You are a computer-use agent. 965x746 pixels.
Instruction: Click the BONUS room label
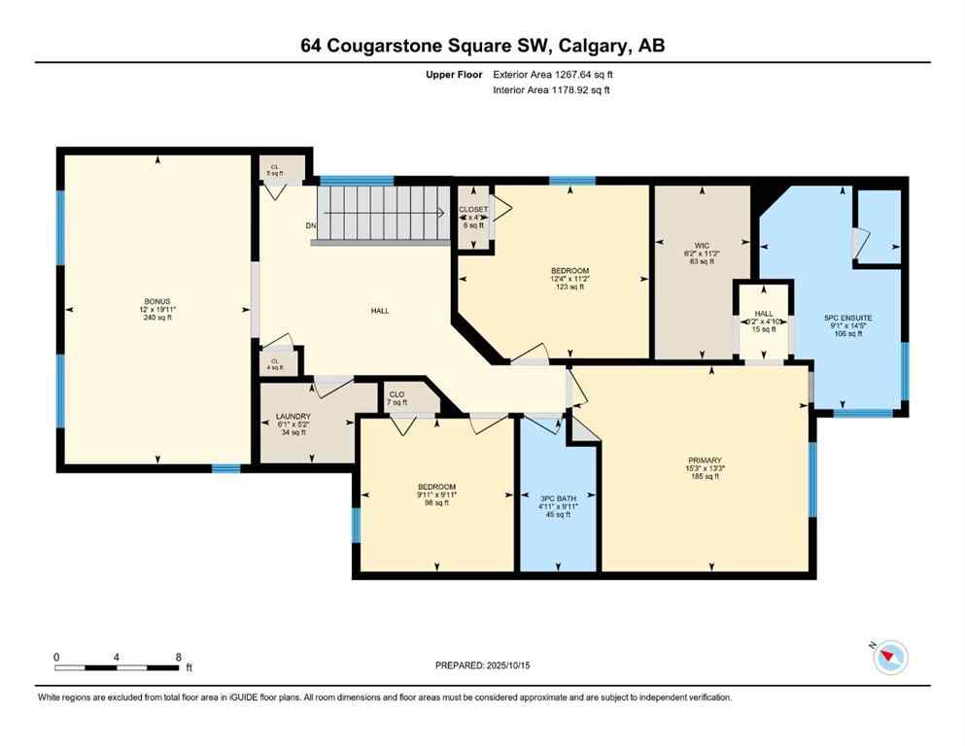pyautogui.click(x=156, y=301)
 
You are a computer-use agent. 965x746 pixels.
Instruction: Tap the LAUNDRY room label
pyautogui.click(x=293, y=417)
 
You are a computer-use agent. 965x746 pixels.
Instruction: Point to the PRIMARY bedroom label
pyautogui.click(x=703, y=460)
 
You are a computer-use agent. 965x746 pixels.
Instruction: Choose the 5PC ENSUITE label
pyautogui.click(x=847, y=317)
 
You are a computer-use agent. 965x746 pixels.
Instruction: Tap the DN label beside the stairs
pyautogui.click(x=311, y=226)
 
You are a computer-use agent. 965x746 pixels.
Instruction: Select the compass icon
pyautogui.click(x=889, y=658)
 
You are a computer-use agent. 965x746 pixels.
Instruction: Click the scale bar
pyautogui.click(x=118, y=667)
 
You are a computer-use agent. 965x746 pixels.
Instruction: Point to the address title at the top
pyautogui.click(x=482, y=46)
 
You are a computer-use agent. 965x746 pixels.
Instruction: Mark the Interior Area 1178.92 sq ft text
pyautogui.click(x=551, y=90)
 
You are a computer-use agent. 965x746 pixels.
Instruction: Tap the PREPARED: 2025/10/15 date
pyautogui.click(x=482, y=665)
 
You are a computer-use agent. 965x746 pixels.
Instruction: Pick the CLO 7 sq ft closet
pyautogui.click(x=396, y=398)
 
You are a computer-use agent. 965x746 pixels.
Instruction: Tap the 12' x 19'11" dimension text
pyautogui.click(x=156, y=309)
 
